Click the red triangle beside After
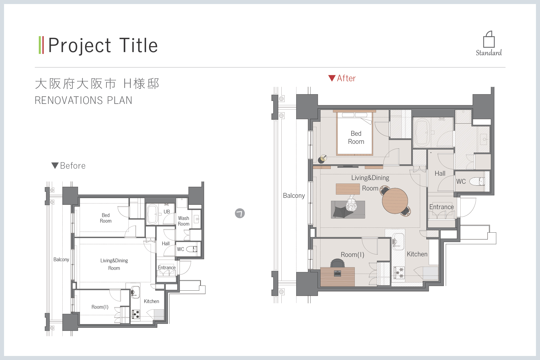(332, 78)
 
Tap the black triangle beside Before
(55, 165)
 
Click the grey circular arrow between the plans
(240, 213)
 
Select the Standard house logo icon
(489, 39)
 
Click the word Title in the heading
(139, 45)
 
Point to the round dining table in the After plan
(395, 201)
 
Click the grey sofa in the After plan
(348, 209)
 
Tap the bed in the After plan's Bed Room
(355, 133)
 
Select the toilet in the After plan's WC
(477, 181)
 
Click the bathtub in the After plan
(423, 133)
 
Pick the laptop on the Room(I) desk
(337, 273)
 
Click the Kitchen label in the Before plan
(151, 301)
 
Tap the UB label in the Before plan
(167, 212)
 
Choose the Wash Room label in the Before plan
(184, 221)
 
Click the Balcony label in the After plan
(294, 196)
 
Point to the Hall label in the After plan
(440, 173)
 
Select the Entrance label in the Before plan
(167, 267)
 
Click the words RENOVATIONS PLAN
(83, 100)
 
